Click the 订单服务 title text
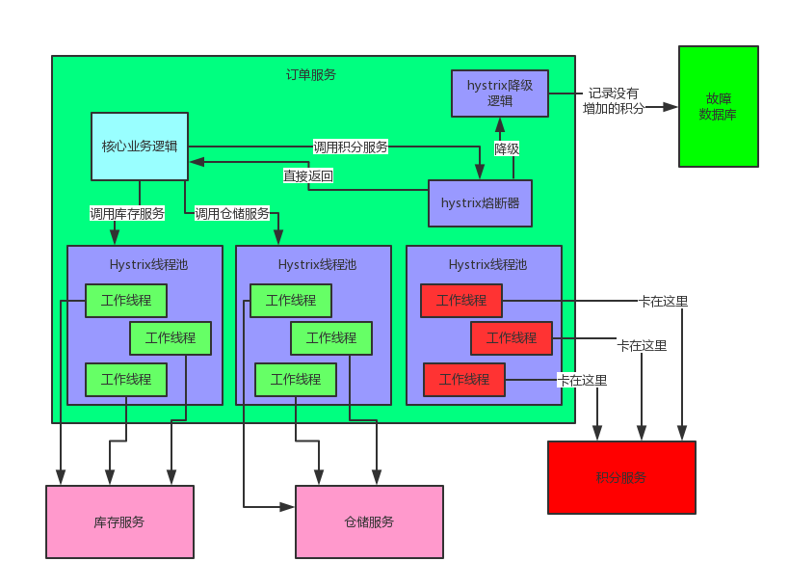pos(311,74)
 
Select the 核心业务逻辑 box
pos(140,147)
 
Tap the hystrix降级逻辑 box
pos(499,94)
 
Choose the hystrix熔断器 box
pos(480,203)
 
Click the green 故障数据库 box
pos(718,105)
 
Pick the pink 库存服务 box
pos(119,521)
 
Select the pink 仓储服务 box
pos(369,521)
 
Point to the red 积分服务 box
pos(621,477)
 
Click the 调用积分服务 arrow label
pos(351,147)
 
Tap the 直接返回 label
pos(308,175)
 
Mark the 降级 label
pos(508,148)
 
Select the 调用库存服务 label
pos(127,213)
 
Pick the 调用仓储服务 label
pos(232,213)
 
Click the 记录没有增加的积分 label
pos(614,100)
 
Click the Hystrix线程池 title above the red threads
pos(487,264)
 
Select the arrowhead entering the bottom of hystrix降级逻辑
pos(500,123)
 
